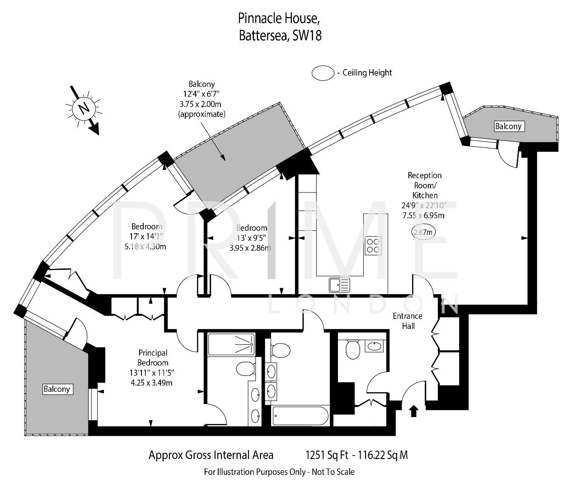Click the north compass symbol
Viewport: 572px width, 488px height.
pos(83,108)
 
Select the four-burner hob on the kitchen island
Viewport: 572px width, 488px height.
pos(373,245)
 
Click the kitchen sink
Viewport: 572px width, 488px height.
pos(339,285)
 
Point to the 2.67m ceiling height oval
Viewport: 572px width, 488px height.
pos(424,232)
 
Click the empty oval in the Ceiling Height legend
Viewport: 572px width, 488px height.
pos(323,73)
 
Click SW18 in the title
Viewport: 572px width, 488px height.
pos(307,36)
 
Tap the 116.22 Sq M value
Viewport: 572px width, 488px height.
pos(383,455)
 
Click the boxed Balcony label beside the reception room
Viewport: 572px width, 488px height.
pos(508,126)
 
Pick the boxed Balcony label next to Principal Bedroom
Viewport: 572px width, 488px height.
pos(57,389)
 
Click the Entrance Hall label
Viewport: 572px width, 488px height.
pos(408,321)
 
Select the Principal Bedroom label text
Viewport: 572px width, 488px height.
pos(153,357)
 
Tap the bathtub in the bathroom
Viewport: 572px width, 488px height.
pos(300,415)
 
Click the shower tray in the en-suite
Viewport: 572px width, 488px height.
pos(231,344)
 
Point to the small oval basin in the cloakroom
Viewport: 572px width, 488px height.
pos(375,347)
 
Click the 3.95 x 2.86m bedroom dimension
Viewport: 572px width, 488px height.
pos(250,248)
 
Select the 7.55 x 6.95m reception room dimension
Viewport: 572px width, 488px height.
pos(423,216)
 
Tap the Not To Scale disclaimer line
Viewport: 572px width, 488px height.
pos(279,472)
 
